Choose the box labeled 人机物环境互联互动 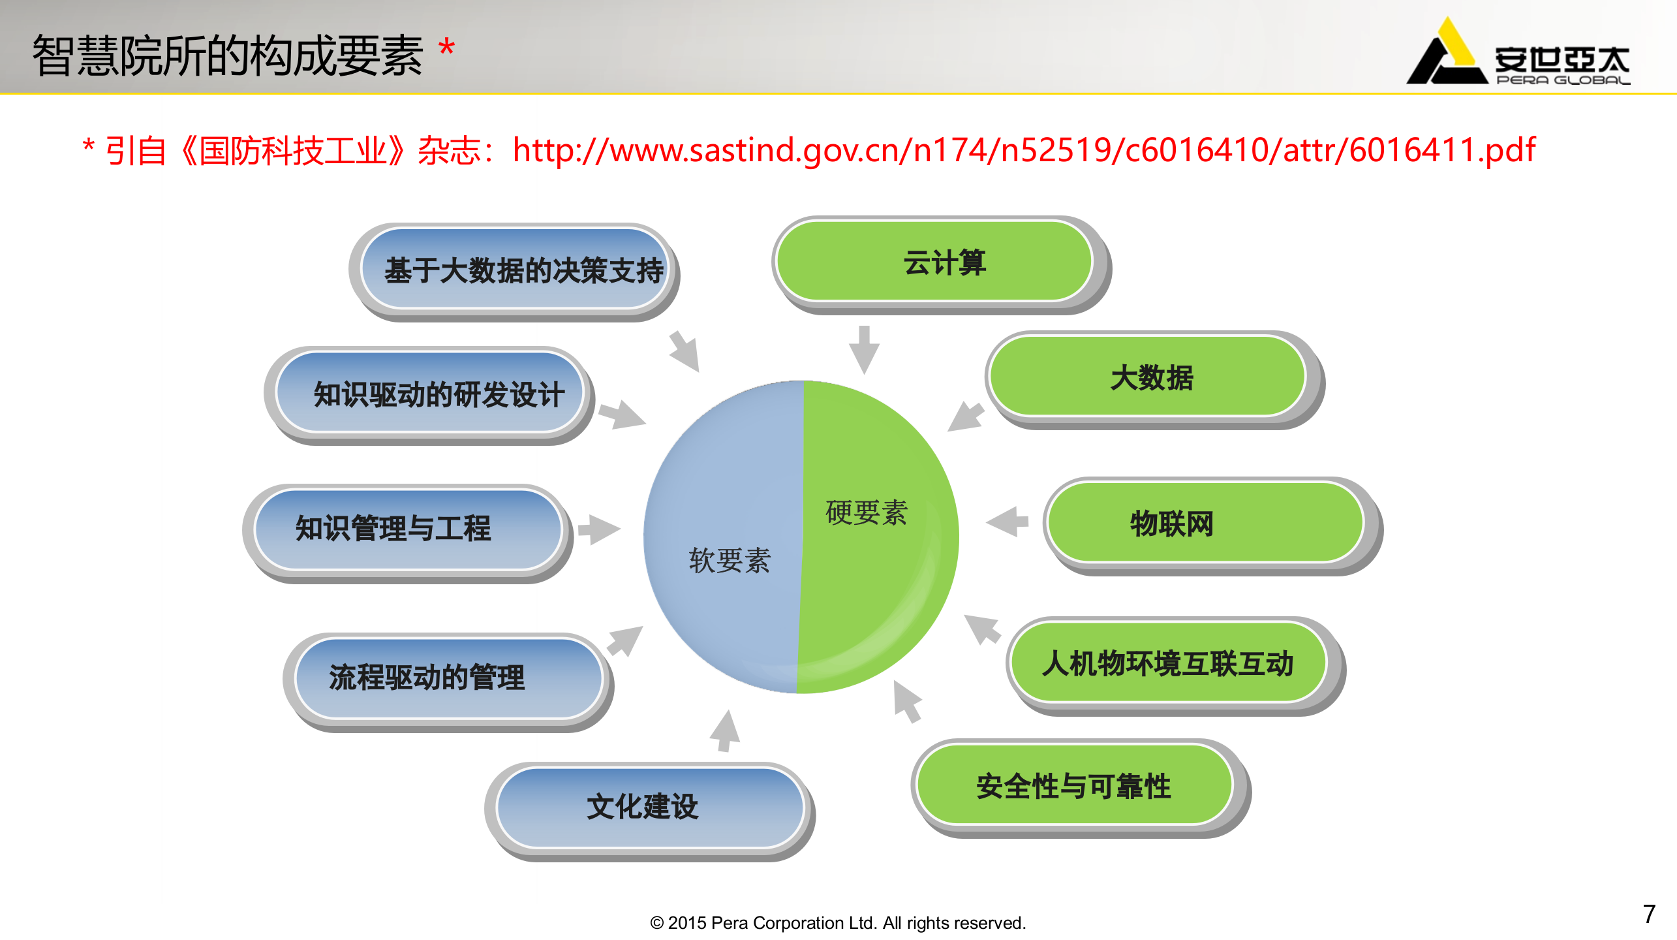[1169, 663]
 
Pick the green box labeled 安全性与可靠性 [1074, 785]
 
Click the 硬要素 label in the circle [867, 512]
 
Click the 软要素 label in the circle [730, 561]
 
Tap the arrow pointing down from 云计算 [864, 349]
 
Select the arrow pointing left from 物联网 [1008, 522]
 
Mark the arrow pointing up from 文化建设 [725, 731]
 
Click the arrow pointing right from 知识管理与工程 [598, 529]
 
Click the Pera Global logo [1518, 55]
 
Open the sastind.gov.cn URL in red [1024, 150]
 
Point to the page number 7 [1649, 914]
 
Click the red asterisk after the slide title [446, 48]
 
